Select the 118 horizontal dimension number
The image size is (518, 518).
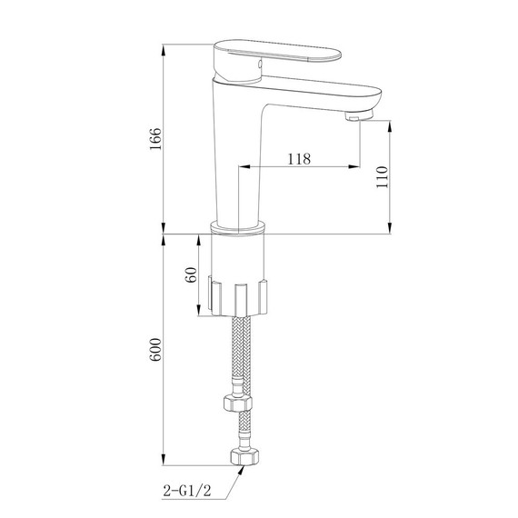299,158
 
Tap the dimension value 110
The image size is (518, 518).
382,175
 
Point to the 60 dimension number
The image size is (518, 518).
191,275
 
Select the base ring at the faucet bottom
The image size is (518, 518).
240,227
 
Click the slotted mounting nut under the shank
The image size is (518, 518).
240,296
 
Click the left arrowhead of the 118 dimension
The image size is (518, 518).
244,168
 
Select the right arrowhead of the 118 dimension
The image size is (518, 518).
354,168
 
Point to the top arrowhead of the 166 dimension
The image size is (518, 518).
164,47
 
